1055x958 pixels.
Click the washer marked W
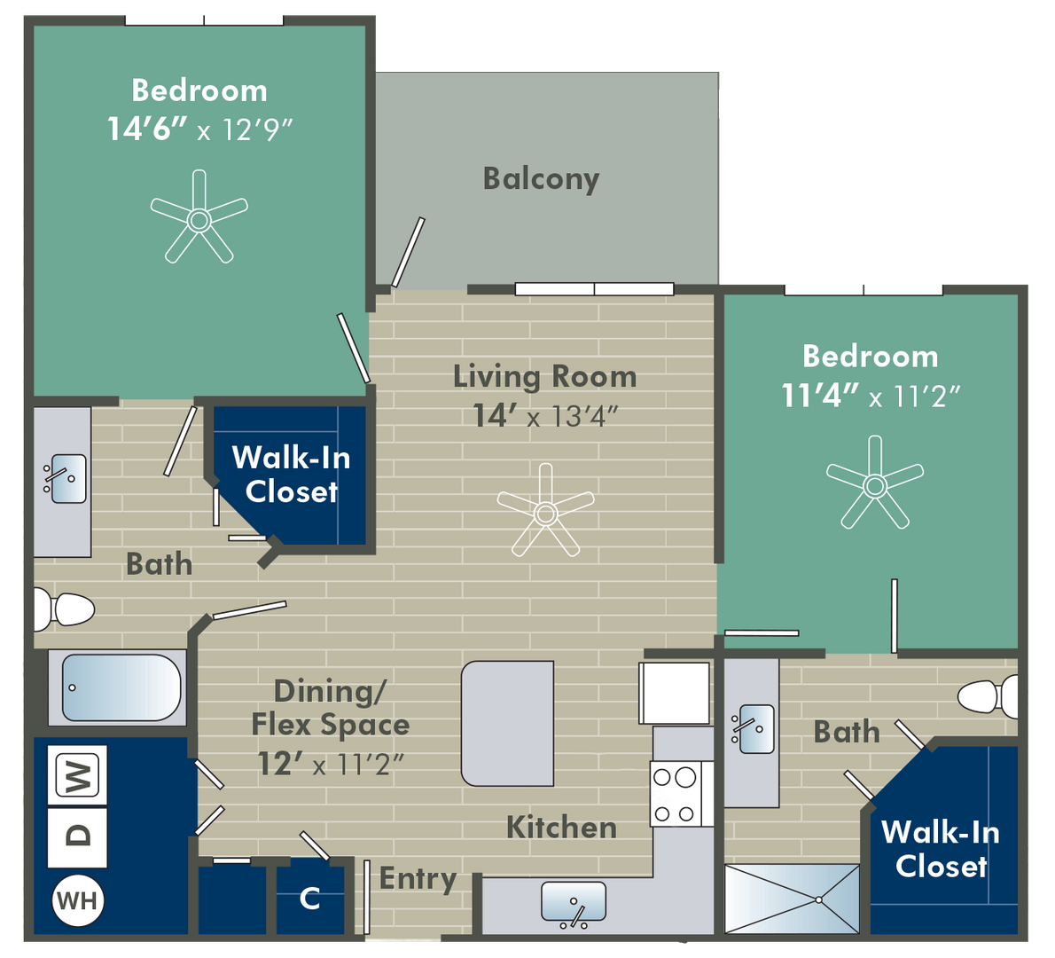(77, 775)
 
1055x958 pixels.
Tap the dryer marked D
(77, 837)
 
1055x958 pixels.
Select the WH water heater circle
(77, 900)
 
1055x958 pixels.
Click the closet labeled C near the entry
(310, 899)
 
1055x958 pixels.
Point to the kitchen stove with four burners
(675, 794)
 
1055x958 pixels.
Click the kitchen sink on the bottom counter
(574, 903)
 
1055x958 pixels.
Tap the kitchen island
(507, 724)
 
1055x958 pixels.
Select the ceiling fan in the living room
(545, 510)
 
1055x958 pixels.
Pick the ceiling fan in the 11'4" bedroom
(875, 483)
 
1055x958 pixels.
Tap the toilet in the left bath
(64, 609)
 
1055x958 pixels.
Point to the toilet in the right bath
(988, 696)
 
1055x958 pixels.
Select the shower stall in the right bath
(792, 899)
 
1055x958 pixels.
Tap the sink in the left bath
(66, 479)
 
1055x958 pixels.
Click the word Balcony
(541, 179)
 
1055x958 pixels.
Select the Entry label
(418, 879)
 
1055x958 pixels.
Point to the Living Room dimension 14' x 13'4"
(545, 416)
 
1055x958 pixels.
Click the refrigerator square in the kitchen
(674, 694)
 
